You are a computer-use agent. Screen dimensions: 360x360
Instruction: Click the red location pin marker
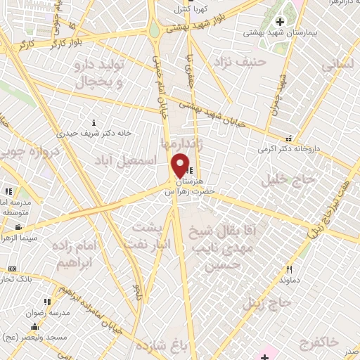point(181,165)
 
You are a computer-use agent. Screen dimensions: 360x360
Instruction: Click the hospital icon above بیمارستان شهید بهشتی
point(280,22)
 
